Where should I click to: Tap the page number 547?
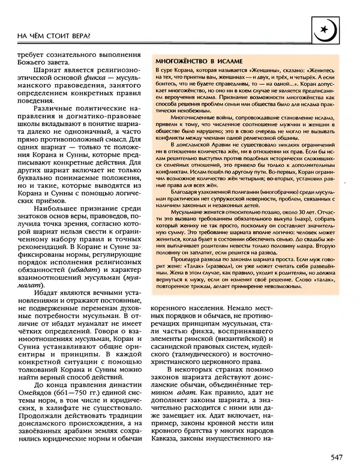click(336, 459)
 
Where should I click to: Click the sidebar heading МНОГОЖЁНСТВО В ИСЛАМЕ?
click(199, 62)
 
